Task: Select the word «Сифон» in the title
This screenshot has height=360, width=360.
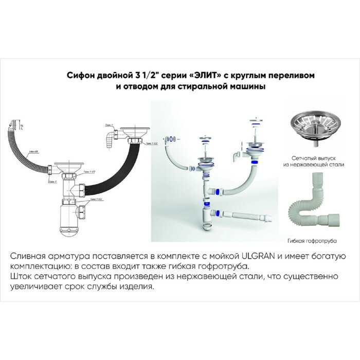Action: coord(80,75)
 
